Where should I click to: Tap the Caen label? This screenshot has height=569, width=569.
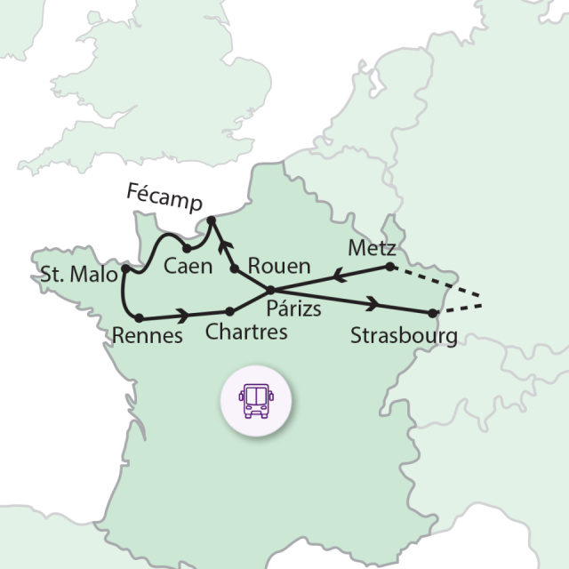pos(188,266)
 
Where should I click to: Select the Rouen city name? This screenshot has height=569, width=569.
pos(279,266)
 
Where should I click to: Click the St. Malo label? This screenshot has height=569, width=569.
pos(78,275)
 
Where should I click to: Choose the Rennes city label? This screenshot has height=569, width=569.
pos(148,335)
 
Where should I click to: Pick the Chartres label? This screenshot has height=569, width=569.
pos(246,333)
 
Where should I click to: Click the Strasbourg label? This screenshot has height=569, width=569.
pos(404,336)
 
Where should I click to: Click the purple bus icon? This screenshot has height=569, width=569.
pos(256,398)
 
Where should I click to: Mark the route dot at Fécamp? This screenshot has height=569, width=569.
pos(211,220)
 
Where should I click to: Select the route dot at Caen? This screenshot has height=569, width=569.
pos(188,249)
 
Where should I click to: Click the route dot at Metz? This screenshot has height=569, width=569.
pos(389,267)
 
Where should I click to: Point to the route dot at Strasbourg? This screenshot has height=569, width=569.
pos(432,313)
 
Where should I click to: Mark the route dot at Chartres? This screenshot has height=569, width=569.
pos(230,311)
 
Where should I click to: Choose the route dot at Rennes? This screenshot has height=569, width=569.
pos(139,317)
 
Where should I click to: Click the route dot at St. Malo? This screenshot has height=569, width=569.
pos(125,268)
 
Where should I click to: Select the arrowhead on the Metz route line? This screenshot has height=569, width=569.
pos(338,276)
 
